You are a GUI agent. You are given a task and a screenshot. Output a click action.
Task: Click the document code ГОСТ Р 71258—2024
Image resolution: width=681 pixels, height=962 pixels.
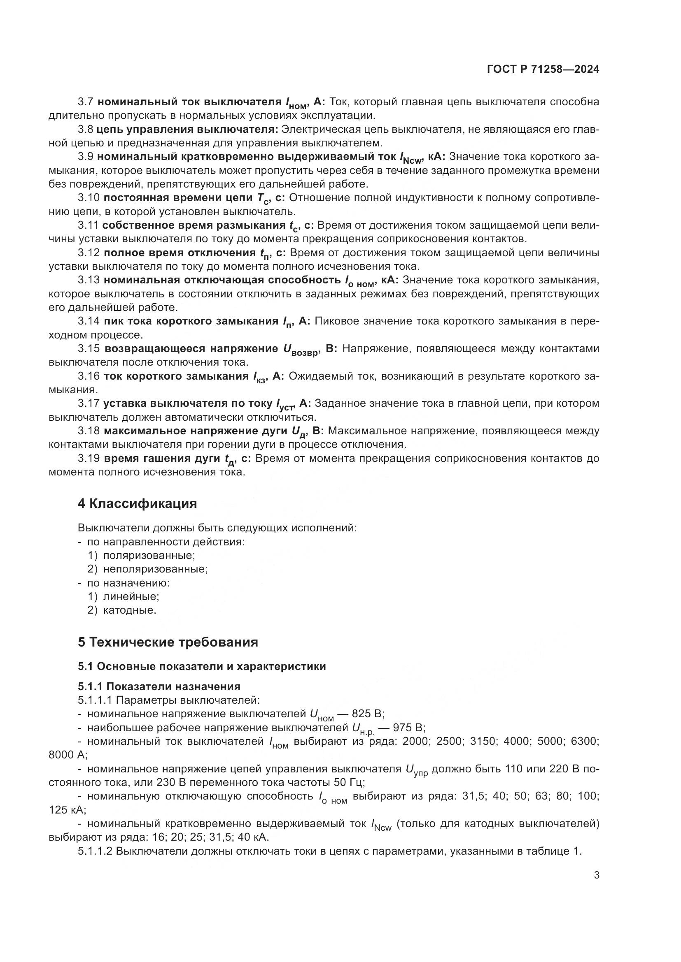pos(543,70)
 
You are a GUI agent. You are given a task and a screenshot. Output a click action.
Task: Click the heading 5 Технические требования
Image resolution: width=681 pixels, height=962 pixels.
pos(168,642)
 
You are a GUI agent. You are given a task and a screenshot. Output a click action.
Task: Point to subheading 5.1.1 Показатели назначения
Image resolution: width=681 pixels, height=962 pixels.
pos(159,686)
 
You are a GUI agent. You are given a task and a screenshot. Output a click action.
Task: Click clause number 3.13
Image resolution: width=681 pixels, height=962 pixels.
pos(89,280)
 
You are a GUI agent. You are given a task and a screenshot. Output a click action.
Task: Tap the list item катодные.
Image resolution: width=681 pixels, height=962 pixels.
pos(130,610)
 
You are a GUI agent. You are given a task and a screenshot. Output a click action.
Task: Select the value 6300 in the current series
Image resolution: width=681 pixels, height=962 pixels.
pos(585,741)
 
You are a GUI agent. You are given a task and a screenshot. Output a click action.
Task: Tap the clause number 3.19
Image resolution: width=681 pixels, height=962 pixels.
pos(89,458)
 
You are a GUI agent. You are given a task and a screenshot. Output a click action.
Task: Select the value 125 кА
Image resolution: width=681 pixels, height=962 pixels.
pos(67,810)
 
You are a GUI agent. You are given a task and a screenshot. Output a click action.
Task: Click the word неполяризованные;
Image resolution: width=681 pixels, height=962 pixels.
pos(155,569)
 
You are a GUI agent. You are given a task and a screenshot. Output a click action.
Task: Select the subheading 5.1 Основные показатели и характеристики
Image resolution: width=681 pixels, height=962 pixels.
pos(202,666)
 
